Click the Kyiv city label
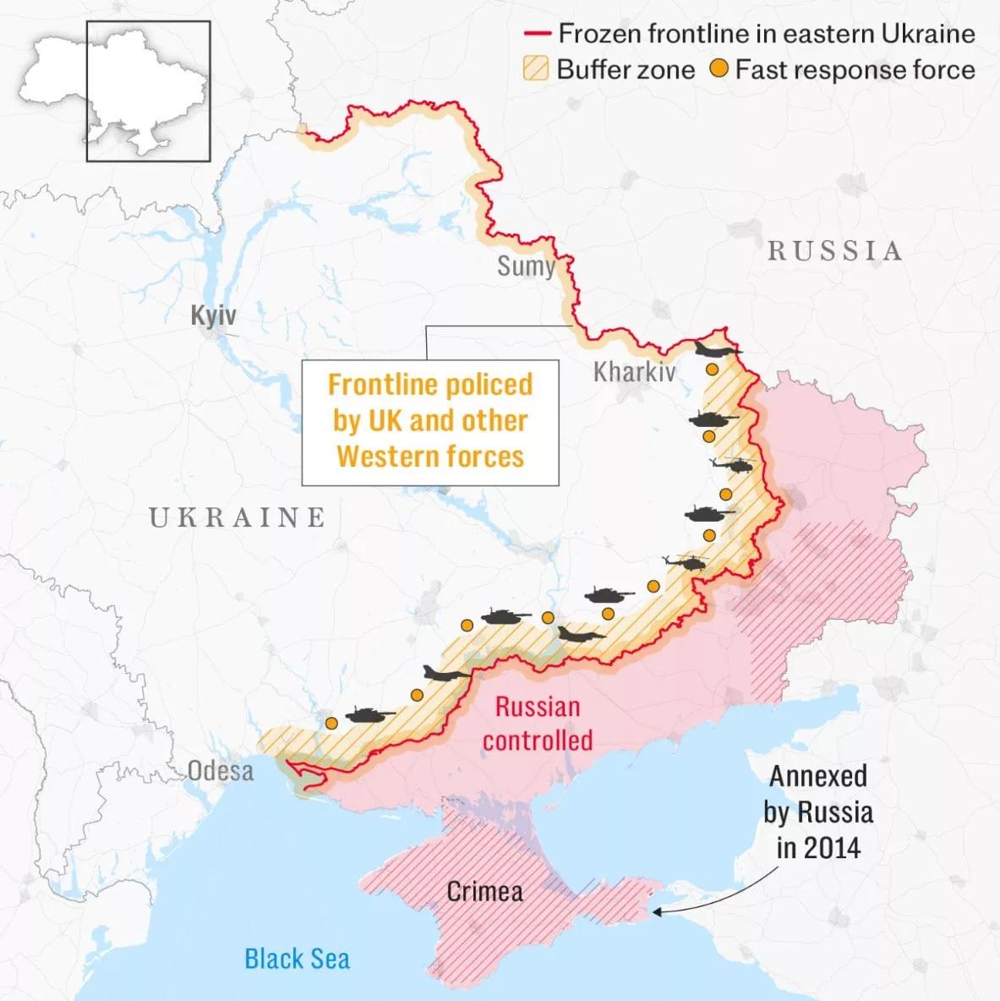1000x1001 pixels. point(213,316)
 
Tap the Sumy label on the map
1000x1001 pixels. point(525,266)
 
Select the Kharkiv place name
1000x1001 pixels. point(634,371)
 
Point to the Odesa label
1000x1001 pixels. point(220,770)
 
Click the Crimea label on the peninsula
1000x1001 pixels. point(484,891)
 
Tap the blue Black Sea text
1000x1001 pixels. point(297,959)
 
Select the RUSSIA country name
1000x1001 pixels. point(834,250)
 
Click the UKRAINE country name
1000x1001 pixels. point(238,517)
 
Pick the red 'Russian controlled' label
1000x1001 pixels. point(538,724)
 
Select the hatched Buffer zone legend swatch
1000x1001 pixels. point(536,68)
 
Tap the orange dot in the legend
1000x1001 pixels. point(718,68)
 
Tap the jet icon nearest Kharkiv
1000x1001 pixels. point(717,350)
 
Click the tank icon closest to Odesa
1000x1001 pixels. point(369,715)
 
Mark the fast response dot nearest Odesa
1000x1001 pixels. point(331,723)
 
